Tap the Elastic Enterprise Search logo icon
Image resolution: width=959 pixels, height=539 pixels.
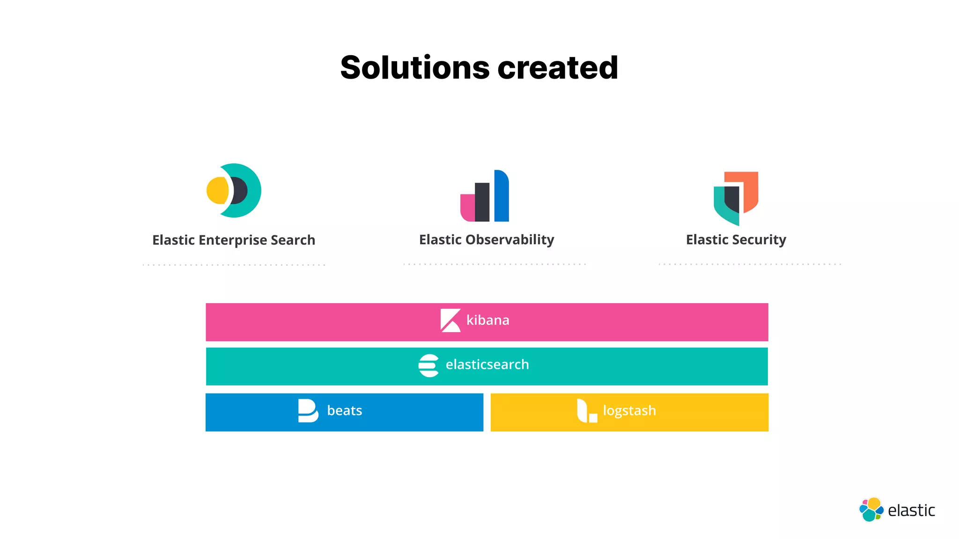(234, 190)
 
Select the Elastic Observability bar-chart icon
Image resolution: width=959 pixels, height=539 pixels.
(485, 196)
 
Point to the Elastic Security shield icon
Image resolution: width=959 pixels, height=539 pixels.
(736, 198)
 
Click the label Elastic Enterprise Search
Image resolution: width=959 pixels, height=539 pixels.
(234, 240)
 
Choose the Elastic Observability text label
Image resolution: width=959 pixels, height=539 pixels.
(487, 240)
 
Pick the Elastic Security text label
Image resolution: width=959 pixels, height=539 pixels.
(736, 240)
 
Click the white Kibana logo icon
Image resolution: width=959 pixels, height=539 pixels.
(450, 320)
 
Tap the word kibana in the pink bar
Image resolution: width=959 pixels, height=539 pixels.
(487, 320)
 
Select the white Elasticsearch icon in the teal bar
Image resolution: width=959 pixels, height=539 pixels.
(428, 365)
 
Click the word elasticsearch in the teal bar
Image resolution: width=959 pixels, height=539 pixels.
(487, 364)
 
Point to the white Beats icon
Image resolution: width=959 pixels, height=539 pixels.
(308, 411)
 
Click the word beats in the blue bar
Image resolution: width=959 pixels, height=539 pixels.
(344, 411)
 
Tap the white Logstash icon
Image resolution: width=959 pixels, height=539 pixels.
(587, 411)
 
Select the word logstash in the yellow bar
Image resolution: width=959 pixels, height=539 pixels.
(629, 411)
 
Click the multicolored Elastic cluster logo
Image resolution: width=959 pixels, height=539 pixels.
(871, 510)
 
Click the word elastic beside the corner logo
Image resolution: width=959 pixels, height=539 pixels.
(911, 510)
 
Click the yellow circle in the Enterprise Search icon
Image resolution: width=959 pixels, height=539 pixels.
(217, 190)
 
